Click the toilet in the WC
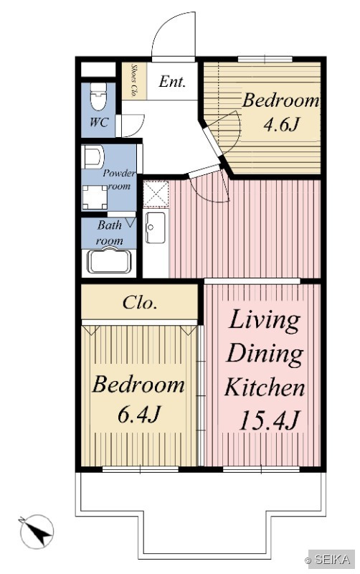(x=98, y=96)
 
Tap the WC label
(x=99, y=122)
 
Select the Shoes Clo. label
(x=134, y=81)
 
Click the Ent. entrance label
(x=172, y=81)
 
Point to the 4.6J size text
(x=282, y=124)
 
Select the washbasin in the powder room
(x=93, y=156)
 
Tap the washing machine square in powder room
(x=95, y=197)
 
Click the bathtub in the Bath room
(x=109, y=260)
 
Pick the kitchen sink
(x=155, y=227)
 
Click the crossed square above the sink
(x=156, y=194)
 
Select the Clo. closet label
(x=140, y=303)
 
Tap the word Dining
(x=265, y=354)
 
